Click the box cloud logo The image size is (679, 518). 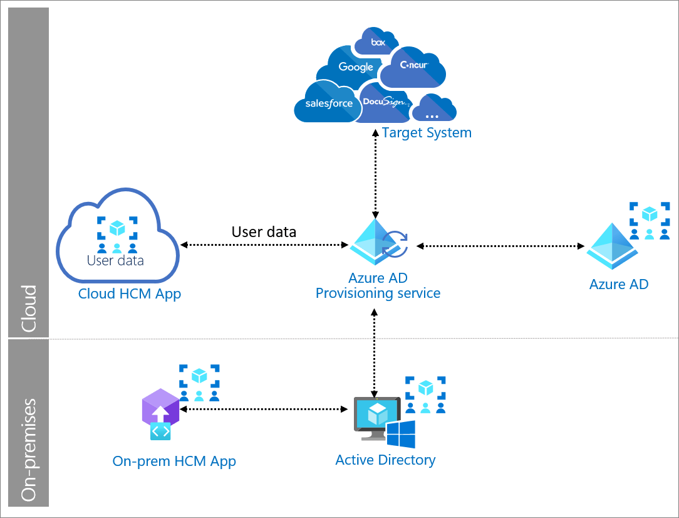[376, 42]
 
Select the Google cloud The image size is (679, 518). [355, 67]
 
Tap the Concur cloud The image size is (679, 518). [413, 66]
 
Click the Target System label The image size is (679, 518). [426, 133]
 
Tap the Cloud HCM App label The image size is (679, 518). [130, 293]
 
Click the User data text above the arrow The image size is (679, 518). [264, 231]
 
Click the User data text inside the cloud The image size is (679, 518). [115, 260]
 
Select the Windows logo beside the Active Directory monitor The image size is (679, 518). [401, 435]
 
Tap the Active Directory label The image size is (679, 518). [385, 460]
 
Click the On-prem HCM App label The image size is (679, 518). [174, 462]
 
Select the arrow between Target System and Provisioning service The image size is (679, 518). [375, 172]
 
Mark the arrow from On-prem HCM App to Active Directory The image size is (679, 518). [264, 409]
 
